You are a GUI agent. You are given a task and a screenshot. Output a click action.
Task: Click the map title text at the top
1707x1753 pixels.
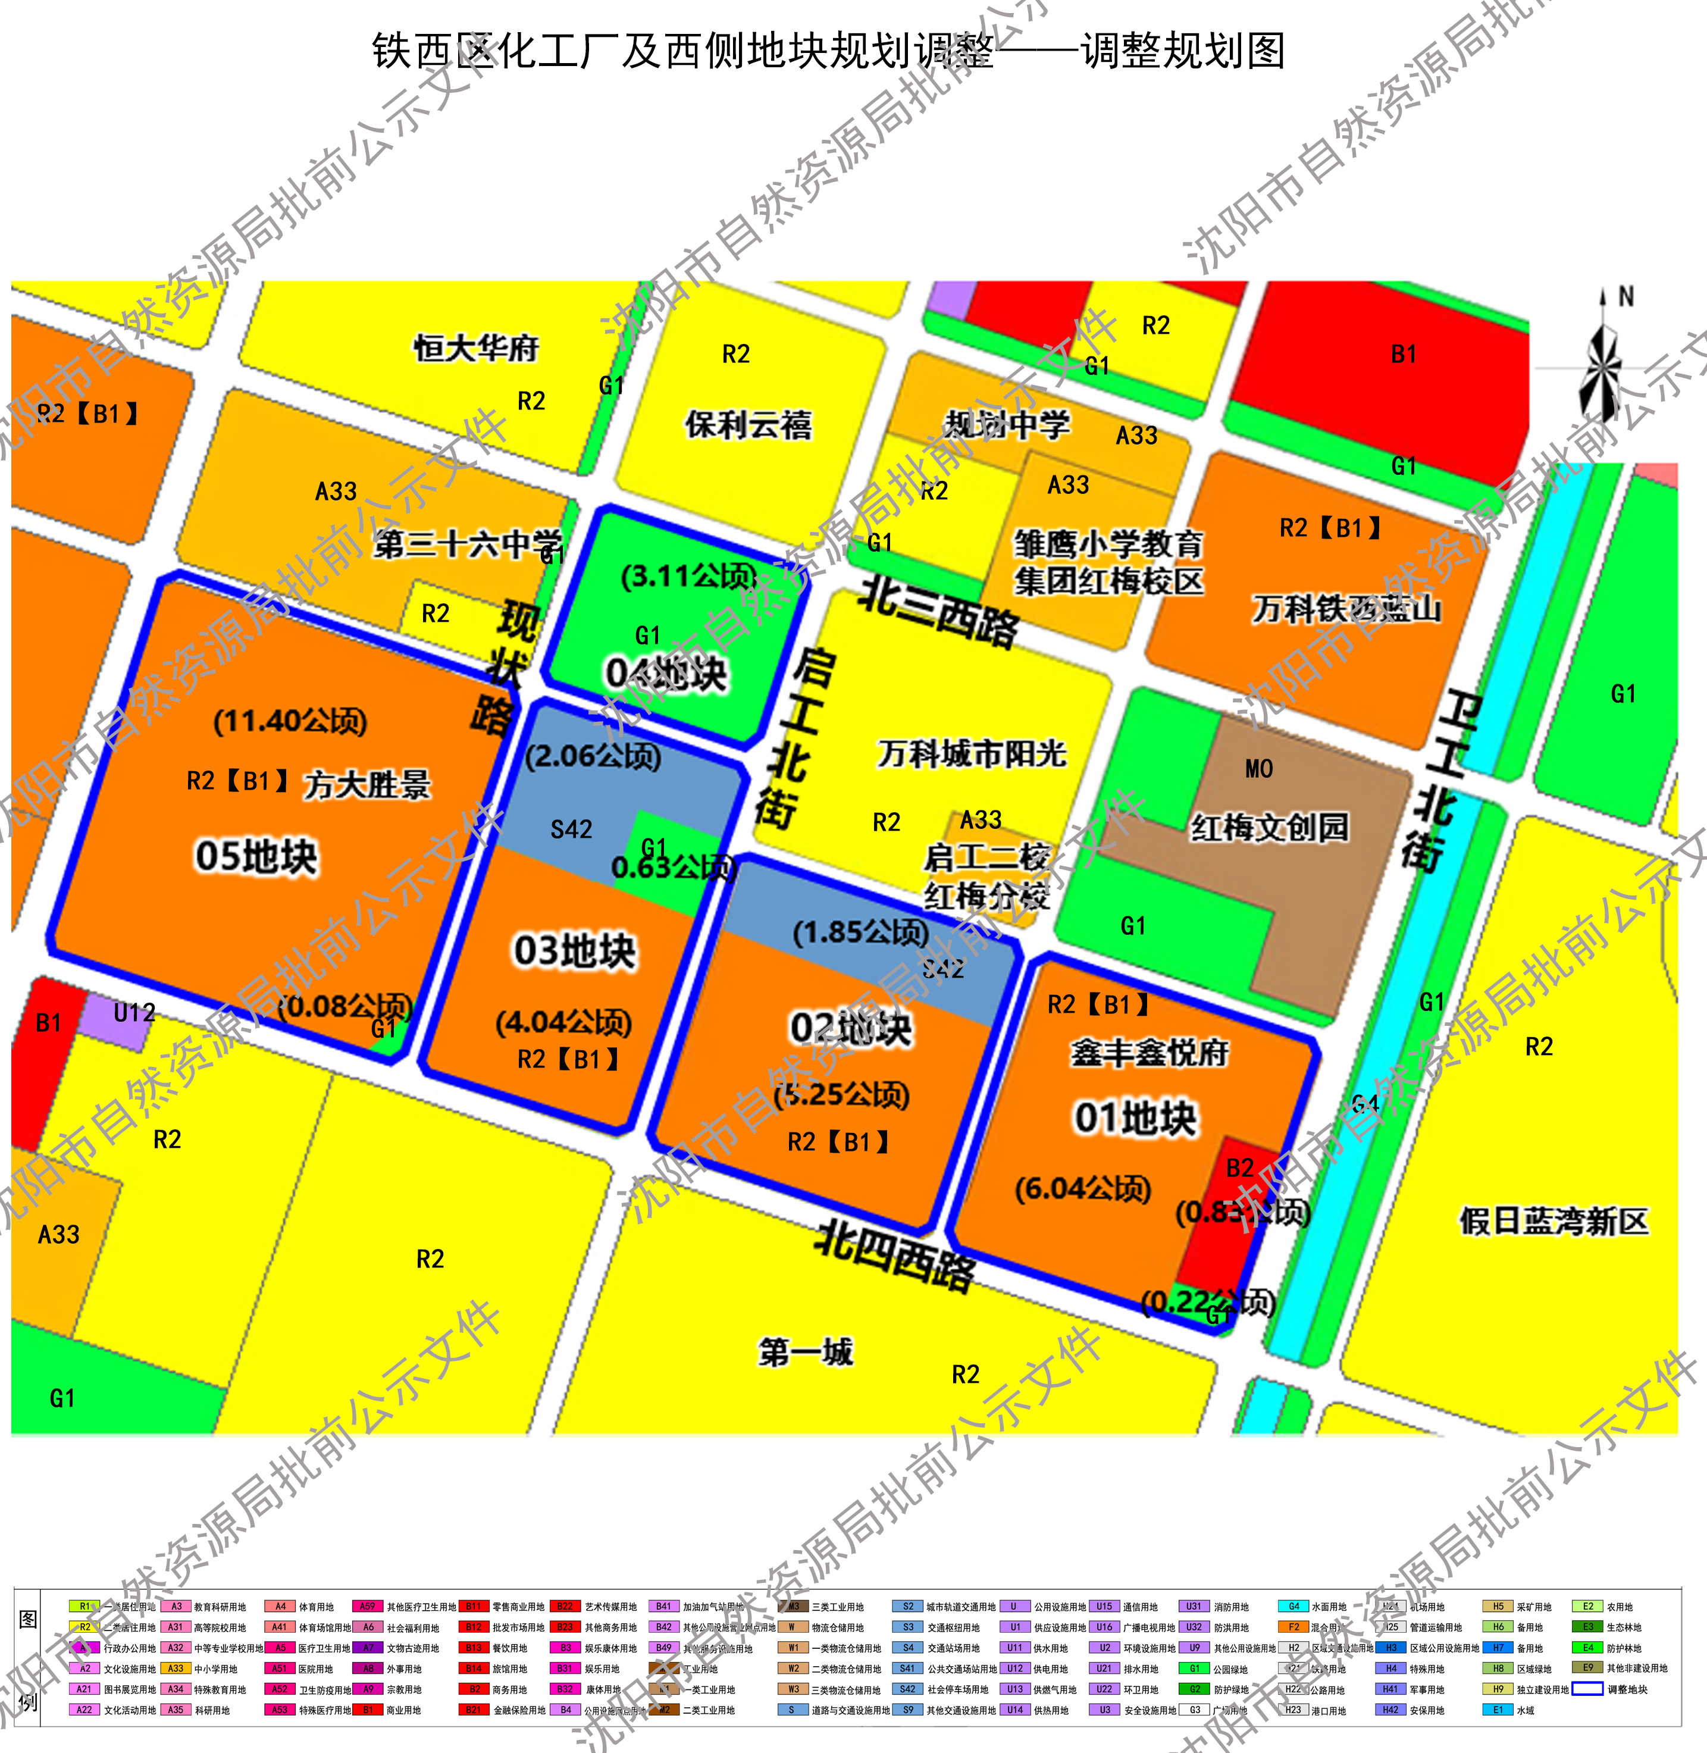click(828, 51)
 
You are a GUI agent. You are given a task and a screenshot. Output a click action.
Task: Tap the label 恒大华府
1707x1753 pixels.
click(476, 348)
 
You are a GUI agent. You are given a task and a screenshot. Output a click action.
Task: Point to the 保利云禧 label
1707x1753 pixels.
click(748, 424)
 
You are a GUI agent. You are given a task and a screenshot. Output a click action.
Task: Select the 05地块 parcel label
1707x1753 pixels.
click(256, 856)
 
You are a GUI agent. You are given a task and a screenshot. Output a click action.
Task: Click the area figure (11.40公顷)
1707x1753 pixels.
click(290, 721)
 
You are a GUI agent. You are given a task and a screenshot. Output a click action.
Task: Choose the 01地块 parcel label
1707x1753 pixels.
click(1135, 1118)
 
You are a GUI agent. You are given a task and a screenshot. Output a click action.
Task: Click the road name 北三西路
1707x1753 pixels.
click(939, 612)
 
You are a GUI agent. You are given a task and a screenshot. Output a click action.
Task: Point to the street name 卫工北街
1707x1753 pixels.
click(1440, 780)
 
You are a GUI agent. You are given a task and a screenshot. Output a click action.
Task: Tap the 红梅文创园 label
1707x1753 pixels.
click(1268, 827)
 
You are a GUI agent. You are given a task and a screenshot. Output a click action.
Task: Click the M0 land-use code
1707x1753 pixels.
click(1259, 769)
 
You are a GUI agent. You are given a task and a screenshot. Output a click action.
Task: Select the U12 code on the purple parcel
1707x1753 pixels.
click(134, 1013)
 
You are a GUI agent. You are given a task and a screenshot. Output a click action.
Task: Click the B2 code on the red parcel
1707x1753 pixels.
click(1240, 1167)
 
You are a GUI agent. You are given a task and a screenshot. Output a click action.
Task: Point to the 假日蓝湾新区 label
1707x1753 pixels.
click(1553, 1220)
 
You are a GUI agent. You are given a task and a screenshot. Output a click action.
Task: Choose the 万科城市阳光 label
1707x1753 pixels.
click(972, 753)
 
